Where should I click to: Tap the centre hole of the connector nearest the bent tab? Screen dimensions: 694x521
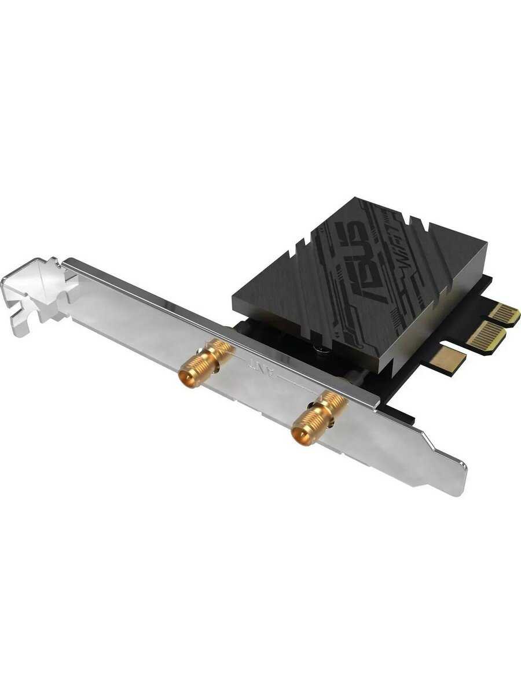click(186, 379)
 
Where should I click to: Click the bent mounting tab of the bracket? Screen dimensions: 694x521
click(41, 289)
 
